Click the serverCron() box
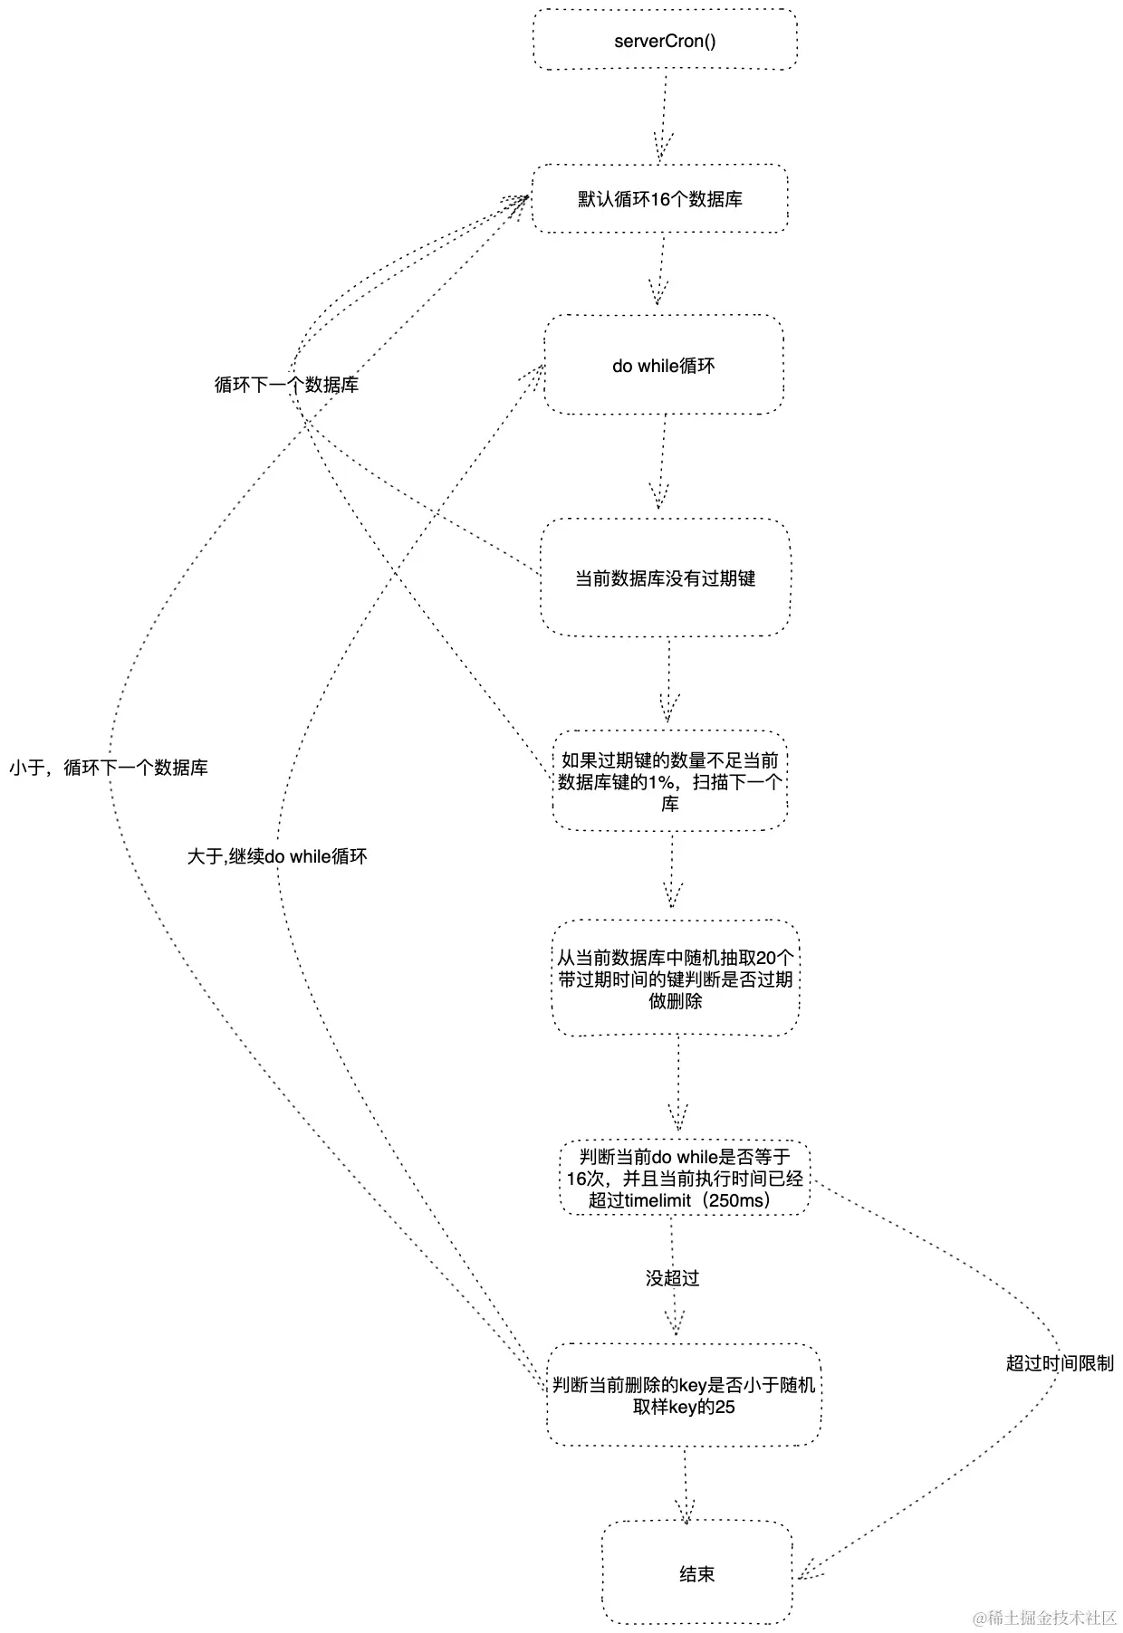pyautogui.click(x=665, y=40)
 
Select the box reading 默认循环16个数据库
pyautogui.click(x=659, y=199)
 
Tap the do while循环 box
pyautogui.click(x=663, y=366)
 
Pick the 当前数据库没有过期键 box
pyautogui.click(x=665, y=578)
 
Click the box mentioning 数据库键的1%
pyautogui.click(x=669, y=781)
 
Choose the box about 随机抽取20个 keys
pyautogui.click(x=676, y=979)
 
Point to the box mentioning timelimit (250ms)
pyautogui.click(x=684, y=1178)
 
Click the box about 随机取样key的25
pyautogui.click(x=684, y=1395)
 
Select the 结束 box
pyautogui.click(x=696, y=1574)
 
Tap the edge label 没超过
pyautogui.click(x=672, y=1278)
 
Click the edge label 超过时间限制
pyautogui.click(x=1060, y=1363)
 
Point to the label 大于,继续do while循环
pyautogui.click(x=277, y=856)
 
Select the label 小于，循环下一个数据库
pyautogui.click(x=109, y=768)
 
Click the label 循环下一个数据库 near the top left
pyautogui.click(x=286, y=385)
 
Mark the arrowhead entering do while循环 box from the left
pyautogui.click(x=534, y=371)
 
